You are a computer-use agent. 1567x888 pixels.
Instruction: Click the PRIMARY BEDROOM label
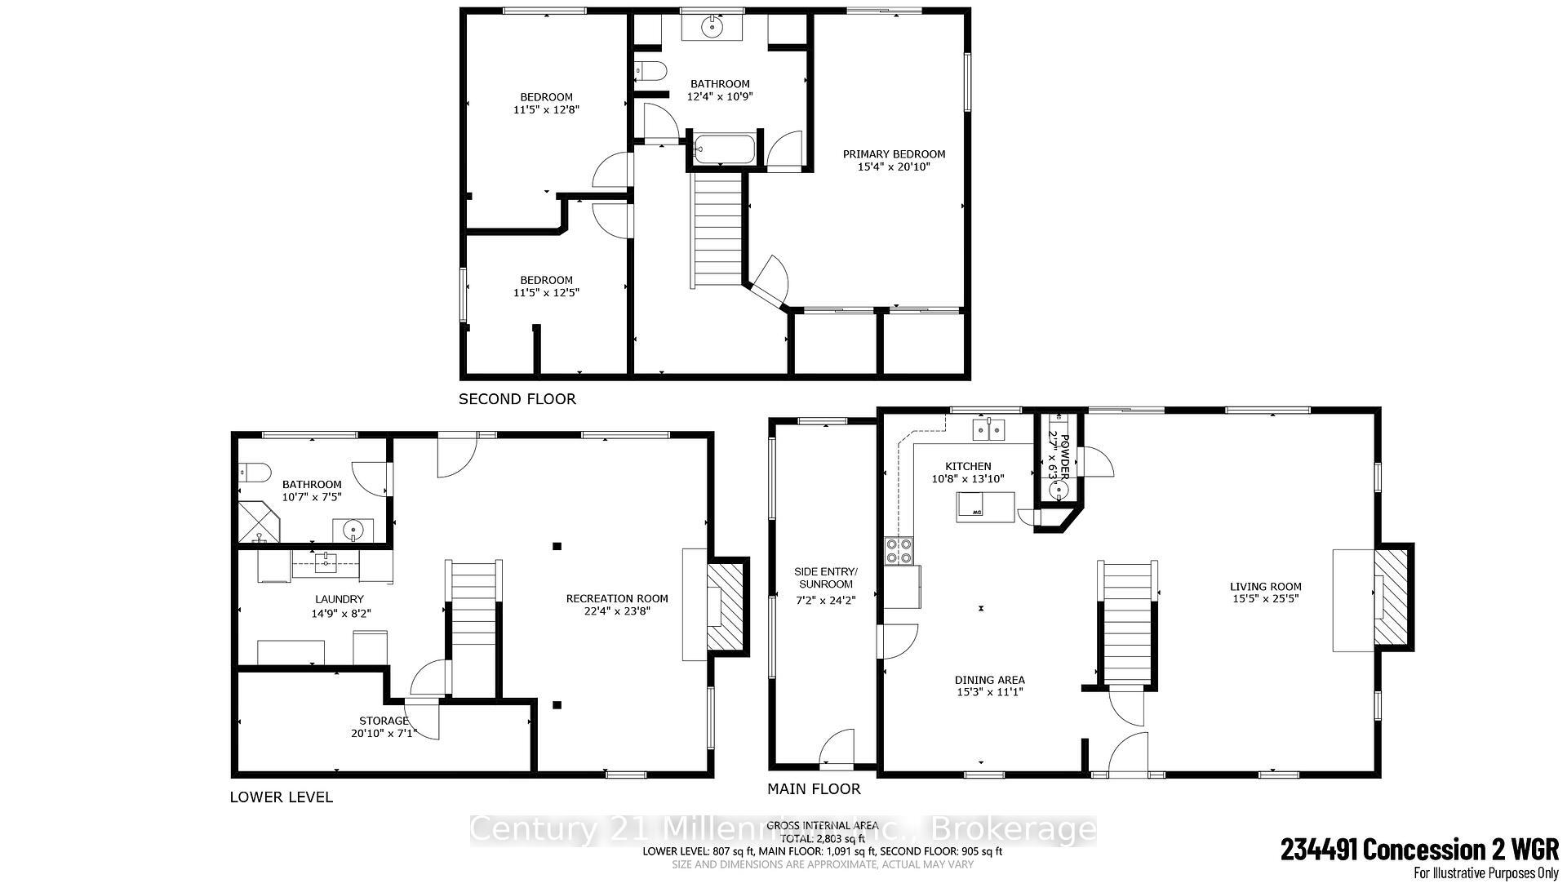(894, 154)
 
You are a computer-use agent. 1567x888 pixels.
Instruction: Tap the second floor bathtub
(724, 149)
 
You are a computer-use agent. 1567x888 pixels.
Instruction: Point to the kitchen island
(986, 507)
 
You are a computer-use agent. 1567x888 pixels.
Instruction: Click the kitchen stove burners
(899, 552)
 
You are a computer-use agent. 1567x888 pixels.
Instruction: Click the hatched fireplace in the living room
(1392, 597)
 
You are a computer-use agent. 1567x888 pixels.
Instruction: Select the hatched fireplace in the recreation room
(726, 606)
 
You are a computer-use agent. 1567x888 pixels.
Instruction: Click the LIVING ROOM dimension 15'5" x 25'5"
(1265, 598)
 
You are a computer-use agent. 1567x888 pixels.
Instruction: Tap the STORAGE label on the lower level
(384, 721)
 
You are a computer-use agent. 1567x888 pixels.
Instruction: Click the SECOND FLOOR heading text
(517, 399)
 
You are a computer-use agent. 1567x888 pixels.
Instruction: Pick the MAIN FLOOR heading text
(813, 789)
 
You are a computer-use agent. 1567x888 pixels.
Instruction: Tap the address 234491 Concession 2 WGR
(1419, 850)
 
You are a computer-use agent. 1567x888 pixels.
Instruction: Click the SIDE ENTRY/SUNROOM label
(825, 577)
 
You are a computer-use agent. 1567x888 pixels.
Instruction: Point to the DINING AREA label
(989, 680)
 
